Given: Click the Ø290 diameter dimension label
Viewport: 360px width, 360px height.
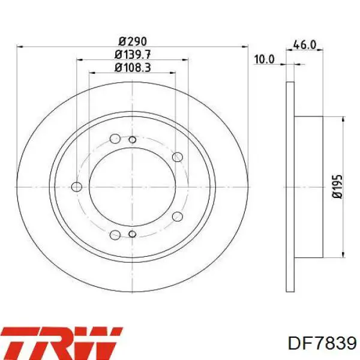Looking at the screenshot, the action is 133,41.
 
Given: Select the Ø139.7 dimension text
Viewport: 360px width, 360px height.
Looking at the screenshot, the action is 133,55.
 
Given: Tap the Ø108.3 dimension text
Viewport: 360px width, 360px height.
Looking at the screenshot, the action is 133,67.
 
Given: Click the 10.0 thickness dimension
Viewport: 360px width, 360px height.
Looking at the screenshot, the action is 264,59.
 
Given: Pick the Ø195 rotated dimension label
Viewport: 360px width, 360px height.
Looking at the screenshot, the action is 337,187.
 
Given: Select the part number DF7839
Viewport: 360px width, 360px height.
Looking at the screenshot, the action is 322,343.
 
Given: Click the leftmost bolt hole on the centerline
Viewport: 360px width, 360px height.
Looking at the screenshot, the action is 77,187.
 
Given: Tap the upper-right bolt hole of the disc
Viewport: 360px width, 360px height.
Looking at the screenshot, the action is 178,157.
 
